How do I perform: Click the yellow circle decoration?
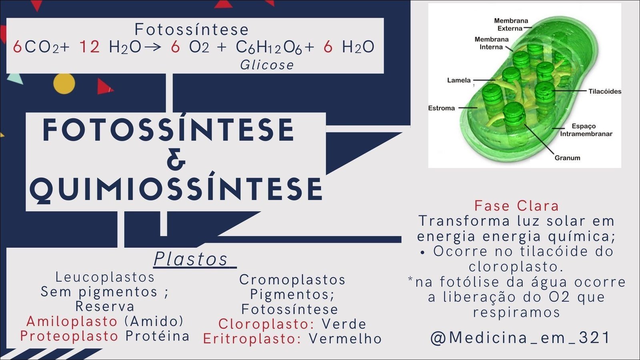tap(64, 84)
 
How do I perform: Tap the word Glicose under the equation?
tap(267, 65)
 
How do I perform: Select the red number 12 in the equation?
tap(90, 46)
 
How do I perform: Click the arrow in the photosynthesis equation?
tap(153, 47)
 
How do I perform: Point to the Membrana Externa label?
tap(511, 24)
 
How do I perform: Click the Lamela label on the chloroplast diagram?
tap(459, 80)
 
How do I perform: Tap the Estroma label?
tap(442, 108)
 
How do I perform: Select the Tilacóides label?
tap(605, 92)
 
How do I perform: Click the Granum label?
tap(568, 158)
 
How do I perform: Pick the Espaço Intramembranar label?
tap(586, 130)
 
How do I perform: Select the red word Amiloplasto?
tap(72, 322)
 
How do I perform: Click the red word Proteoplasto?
tap(69, 336)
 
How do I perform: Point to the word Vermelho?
tap(345, 338)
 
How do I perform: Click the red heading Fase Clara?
tap(516, 206)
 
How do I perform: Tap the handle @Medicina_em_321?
tap(520, 338)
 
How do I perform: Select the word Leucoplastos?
tap(105, 277)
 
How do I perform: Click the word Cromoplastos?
tap(292, 280)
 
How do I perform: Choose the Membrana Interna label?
tap(492, 43)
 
